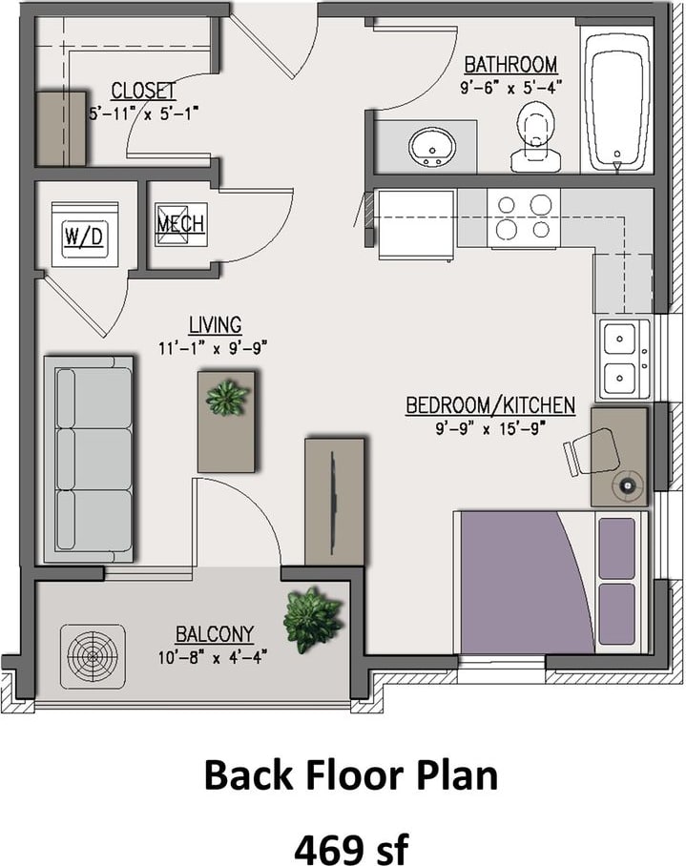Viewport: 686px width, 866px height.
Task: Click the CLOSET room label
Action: coord(144,91)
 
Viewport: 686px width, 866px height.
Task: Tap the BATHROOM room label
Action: coord(510,65)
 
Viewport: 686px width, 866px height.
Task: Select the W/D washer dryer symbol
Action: coord(85,235)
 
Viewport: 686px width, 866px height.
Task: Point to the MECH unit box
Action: coord(180,224)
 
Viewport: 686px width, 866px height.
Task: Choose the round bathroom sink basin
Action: coord(432,147)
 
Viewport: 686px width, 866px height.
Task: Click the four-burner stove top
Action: coord(523,217)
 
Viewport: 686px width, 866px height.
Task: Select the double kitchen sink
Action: coord(624,359)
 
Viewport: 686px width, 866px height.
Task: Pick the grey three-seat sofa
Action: coord(89,460)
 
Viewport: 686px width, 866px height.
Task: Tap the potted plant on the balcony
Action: coord(312,620)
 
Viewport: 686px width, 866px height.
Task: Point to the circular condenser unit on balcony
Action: coord(93,656)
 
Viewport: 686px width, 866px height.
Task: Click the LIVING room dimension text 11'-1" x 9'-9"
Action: coord(213,348)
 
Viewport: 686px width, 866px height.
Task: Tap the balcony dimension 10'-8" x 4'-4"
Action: coord(213,658)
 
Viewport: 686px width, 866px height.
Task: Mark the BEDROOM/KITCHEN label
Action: coord(490,404)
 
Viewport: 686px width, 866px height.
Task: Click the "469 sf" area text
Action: coord(351,848)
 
